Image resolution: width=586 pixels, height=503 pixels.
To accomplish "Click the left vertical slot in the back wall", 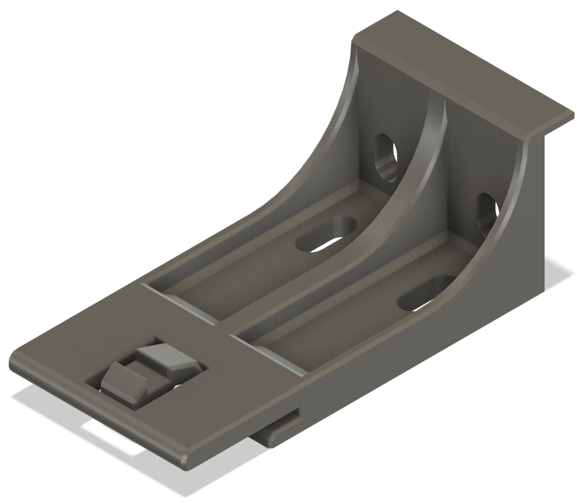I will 386,157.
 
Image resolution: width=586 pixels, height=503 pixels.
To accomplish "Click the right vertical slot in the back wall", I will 488,213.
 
